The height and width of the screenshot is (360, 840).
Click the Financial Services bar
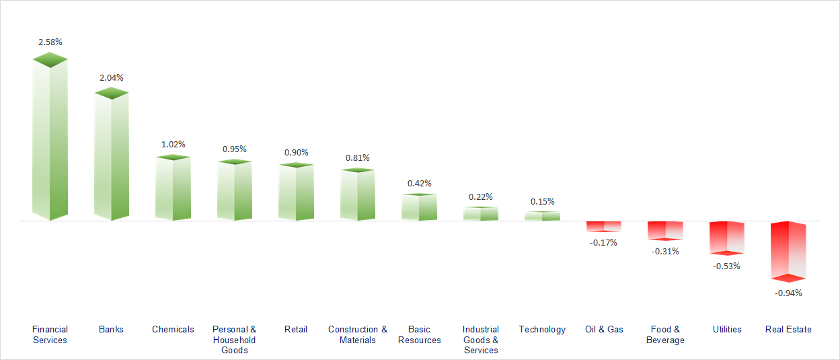(50, 141)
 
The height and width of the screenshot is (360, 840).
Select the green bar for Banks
(111, 158)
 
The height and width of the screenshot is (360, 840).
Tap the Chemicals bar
(173, 188)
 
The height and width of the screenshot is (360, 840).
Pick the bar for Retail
(296, 192)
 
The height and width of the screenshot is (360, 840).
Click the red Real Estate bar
(788, 250)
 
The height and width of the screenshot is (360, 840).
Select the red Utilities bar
(727, 238)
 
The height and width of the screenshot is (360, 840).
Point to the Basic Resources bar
(419, 207)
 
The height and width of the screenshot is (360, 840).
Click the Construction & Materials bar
(358, 195)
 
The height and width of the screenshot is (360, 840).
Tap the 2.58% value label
(50, 42)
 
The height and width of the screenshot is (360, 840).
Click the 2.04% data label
(112, 77)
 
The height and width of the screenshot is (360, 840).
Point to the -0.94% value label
(788, 293)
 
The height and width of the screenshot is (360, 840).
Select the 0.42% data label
(420, 183)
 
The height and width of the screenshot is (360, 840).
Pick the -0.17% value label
(603, 242)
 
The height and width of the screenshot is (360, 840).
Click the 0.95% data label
(235, 149)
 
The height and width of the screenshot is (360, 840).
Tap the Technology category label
(542, 329)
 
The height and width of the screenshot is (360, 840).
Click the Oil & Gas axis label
(604, 329)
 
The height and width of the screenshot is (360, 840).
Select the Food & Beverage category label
(665, 334)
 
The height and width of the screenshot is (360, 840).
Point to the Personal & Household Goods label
(235, 340)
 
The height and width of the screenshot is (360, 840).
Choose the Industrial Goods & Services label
(481, 340)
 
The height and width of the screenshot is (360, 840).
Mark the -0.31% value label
(665, 252)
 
